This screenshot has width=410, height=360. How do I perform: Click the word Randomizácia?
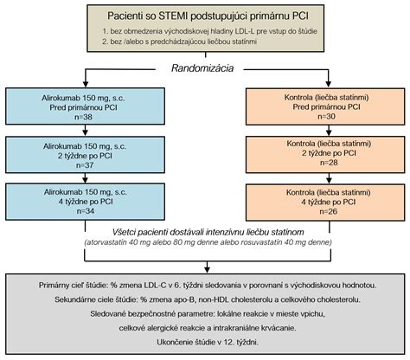202,68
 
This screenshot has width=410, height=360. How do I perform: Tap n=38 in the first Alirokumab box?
84,117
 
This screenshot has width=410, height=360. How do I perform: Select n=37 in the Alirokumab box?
85,165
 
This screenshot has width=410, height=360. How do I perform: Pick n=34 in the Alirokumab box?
86,211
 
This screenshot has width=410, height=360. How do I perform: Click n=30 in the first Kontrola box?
327,116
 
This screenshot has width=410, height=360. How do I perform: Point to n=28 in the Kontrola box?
329,163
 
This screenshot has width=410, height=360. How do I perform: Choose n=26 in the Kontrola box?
328,211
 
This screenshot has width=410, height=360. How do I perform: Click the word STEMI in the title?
172,16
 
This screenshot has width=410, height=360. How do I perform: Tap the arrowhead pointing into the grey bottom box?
207,270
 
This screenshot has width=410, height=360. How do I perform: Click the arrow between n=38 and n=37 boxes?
85,131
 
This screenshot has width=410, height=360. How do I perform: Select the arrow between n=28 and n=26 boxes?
329,178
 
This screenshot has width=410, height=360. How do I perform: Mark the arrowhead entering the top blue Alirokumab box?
86,84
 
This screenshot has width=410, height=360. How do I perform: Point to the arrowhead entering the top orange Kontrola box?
328,84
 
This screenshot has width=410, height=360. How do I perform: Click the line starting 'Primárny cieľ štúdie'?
208,286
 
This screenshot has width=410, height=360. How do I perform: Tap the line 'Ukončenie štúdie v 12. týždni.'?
208,343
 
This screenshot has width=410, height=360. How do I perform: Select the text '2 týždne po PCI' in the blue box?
85,156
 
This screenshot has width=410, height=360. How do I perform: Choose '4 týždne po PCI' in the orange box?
328,202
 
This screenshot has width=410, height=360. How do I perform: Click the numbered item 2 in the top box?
179,42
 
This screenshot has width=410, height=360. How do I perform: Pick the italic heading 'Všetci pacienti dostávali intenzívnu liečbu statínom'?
208,232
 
